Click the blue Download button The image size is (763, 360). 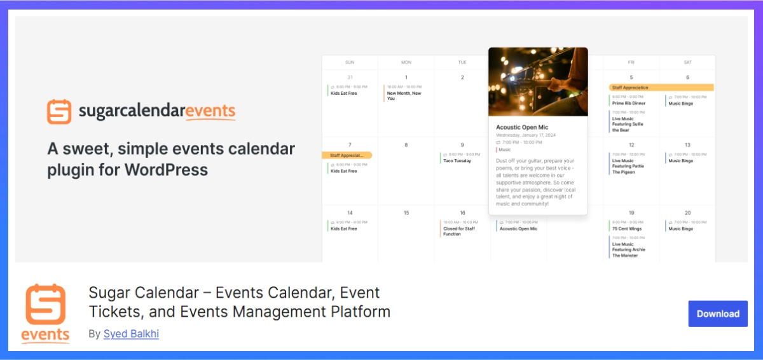pyautogui.click(x=718, y=314)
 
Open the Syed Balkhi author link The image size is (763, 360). pyautogui.click(x=131, y=333)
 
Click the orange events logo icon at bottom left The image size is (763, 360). pyautogui.click(x=46, y=312)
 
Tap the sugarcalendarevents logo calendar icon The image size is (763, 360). pyautogui.click(x=59, y=111)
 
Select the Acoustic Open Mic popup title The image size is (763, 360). pyautogui.click(x=522, y=127)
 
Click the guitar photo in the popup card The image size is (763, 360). pyautogui.click(x=538, y=81)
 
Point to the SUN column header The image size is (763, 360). pyautogui.click(x=350, y=62)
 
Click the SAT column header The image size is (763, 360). pyautogui.click(x=687, y=62)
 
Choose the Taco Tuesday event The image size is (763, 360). pyautogui.click(x=457, y=161)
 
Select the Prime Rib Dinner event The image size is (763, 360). pyautogui.click(x=628, y=103)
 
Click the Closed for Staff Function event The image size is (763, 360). pyautogui.click(x=458, y=232)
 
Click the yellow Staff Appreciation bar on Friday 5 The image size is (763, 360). pyautogui.click(x=661, y=88)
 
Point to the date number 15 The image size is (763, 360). pyautogui.click(x=406, y=212)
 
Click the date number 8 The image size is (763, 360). pyautogui.click(x=406, y=145)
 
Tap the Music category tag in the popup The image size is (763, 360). pyautogui.click(x=504, y=149)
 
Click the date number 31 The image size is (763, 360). pyautogui.click(x=350, y=78)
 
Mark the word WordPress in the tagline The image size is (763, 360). pyautogui.click(x=166, y=170)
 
